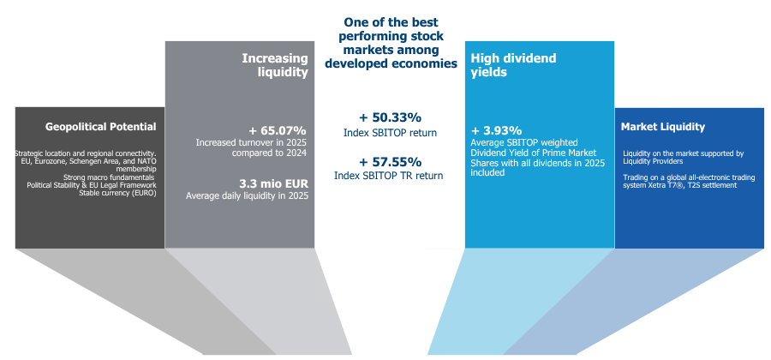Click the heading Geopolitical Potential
point(101,127)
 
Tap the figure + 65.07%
point(278,131)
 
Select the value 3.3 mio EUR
point(273,184)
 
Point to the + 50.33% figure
point(390,117)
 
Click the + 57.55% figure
point(390,162)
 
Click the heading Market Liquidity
point(662,127)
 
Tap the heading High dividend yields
point(513,65)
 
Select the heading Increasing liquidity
point(275,65)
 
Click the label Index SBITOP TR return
point(388,176)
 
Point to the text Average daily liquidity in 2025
point(247,195)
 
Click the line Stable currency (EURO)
point(118,193)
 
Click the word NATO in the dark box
point(147,161)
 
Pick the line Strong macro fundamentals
point(109,177)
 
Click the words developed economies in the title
point(391,63)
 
